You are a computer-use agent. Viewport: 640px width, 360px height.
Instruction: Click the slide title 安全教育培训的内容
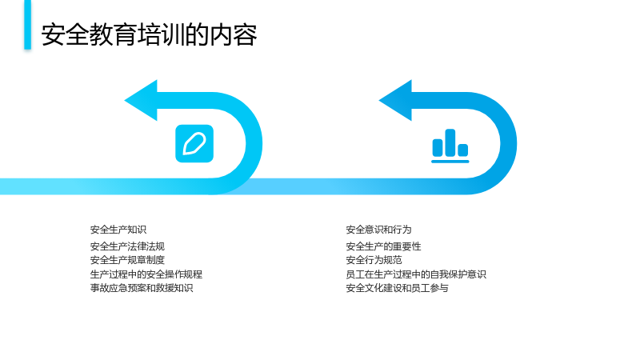coord(149,34)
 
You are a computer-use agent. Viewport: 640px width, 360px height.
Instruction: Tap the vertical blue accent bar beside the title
coord(27,25)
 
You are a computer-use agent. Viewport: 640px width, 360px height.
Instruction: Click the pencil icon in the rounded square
coord(194,144)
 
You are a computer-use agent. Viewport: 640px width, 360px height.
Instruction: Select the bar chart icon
coord(450,146)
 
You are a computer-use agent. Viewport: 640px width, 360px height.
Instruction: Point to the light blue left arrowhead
coord(142,101)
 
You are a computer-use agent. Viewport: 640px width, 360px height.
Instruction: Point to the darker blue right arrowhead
coord(396,101)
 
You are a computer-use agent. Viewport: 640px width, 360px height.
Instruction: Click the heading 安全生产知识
coord(118,230)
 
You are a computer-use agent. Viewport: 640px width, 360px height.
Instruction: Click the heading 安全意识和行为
coord(378,230)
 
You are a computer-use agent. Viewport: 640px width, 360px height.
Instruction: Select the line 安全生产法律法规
coord(127,246)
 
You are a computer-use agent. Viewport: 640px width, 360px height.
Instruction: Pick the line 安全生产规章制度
coord(127,260)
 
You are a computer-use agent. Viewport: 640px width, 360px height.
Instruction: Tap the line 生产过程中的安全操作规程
coord(146,274)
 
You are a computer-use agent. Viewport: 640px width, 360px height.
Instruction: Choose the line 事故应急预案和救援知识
coord(142,288)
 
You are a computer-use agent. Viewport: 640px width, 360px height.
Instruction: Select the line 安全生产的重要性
coord(383,246)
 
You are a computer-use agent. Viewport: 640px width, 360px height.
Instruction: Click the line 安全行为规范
coord(374,260)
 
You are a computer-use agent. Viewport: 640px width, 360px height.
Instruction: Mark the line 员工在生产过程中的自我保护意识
coord(416,274)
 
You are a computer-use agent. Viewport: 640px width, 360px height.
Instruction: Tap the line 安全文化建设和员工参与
coord(397,288)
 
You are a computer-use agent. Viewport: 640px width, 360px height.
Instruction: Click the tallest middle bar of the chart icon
coord(450,143)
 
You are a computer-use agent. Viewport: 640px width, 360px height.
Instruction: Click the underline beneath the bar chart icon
coord(450,162)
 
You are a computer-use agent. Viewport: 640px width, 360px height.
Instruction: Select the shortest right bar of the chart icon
coord(463,150)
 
